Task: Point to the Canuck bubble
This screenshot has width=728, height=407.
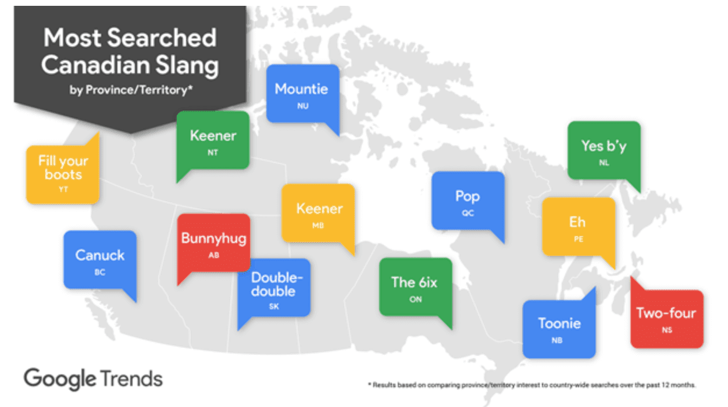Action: [x=99, y=259]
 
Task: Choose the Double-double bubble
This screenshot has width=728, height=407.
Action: [x=274, y=287]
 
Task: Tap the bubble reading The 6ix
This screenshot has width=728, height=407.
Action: [x=415, y=286]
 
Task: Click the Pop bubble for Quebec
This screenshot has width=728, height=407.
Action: [x=468, y=200]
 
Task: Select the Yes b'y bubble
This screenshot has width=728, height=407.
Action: [x=604, y=149]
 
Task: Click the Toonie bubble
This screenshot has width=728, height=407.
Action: [x=559, y=329]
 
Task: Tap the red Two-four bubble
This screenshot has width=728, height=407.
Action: [x=666, y=317]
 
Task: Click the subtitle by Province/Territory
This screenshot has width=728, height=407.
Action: [x=130, y=90]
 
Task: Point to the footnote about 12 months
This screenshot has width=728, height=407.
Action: [x=531, y=385]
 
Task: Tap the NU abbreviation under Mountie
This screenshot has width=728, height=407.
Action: [x=302, y=106]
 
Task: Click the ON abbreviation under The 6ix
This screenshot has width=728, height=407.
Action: [x=415, y=300]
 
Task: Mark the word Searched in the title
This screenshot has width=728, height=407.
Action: [x=162, y=38]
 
